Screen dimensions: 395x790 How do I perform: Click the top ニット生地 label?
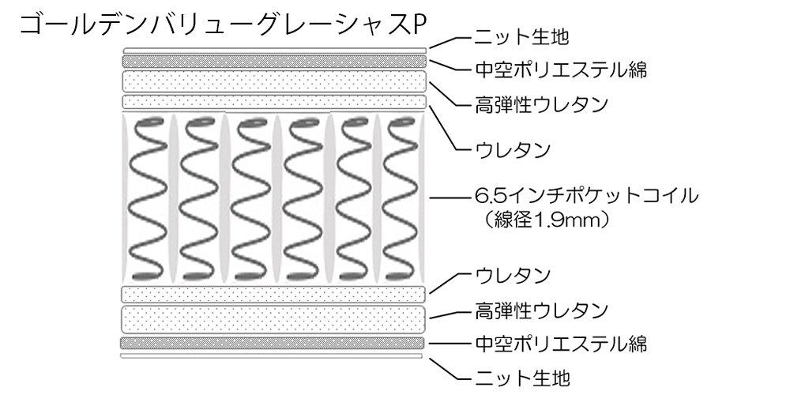click(521, 36)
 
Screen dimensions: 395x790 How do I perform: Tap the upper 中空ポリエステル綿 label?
click(562, 70)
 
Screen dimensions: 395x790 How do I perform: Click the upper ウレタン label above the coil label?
click(513, 148)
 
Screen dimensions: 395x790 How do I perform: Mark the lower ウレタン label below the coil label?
click(513, 276)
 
